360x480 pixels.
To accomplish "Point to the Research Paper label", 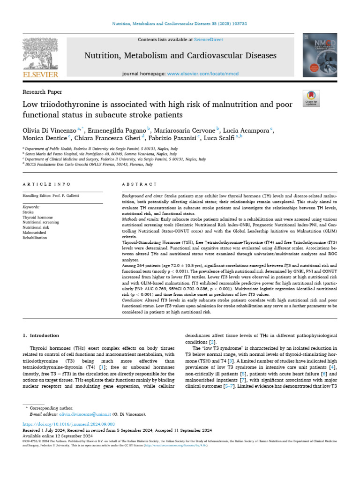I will (x=42, y=92).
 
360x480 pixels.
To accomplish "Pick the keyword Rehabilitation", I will (x=35, y=238).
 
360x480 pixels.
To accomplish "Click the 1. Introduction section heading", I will (x=41, y=335).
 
